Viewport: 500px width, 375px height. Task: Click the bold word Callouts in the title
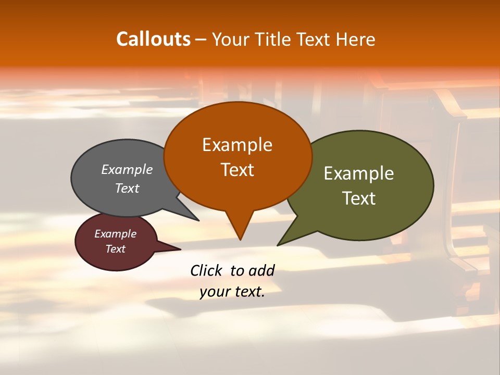click(x=153, y=39)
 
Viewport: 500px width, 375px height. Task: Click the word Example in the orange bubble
click(x=237, y=145)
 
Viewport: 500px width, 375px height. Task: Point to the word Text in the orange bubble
click(x=238, y=170)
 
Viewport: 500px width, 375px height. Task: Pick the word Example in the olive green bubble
click(x=359, y=173)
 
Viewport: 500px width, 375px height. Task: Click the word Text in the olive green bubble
click(x=359, y=198)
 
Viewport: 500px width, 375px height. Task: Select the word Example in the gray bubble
click(x=127, y=169)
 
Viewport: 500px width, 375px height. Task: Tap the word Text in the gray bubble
click(x=127, y=188)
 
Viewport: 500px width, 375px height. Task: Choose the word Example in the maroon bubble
click(x=115, y=234)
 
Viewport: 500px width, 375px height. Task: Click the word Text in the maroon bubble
click(x=115, y=249)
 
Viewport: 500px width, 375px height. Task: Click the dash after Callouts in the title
click(x=201, y=40)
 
